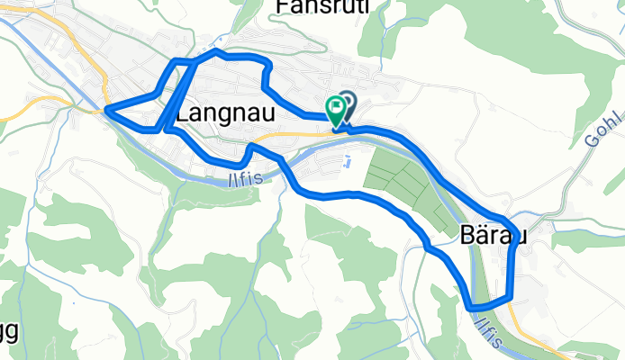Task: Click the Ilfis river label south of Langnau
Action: (242, 179)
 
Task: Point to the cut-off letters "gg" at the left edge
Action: (8, 330)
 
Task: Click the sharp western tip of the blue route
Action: (107, 111)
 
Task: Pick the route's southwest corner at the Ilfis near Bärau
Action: (470, 308)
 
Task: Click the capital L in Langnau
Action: (183, 114)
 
